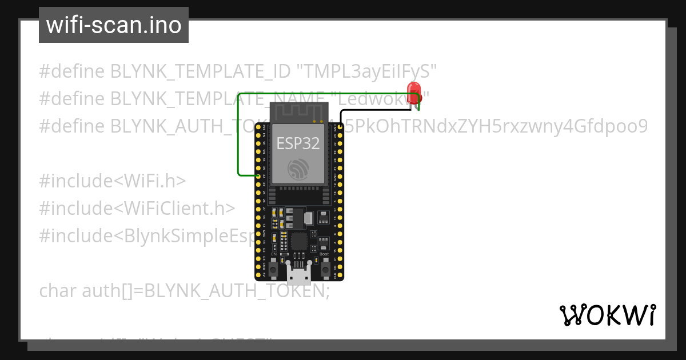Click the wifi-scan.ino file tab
[114, 25]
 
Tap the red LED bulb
[413, 90]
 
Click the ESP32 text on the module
[298, 143]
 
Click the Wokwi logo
[607, 315]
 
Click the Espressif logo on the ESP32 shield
[298, 169]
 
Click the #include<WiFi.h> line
[113, 181]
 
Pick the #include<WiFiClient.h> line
[137, 208]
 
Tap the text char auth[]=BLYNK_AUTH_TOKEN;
[185, 291]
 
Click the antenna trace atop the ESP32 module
[298, 111]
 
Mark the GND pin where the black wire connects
[341, 126]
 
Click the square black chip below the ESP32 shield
[299, 241]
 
